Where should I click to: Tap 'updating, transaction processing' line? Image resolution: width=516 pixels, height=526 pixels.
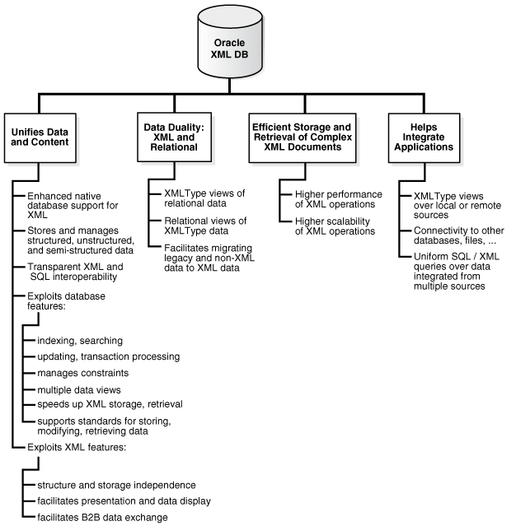coord(102,356)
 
